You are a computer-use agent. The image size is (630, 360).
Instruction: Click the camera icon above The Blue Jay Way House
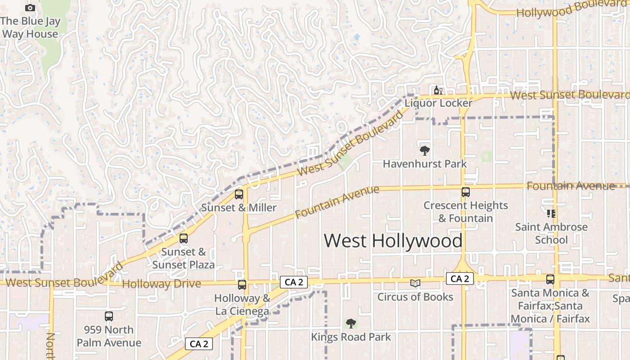(30, 8)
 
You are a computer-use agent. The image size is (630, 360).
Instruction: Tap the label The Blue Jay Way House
(30, 27)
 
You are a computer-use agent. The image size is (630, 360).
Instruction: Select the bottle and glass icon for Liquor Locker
(438, 90)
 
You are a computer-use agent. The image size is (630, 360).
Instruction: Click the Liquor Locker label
(438, 103)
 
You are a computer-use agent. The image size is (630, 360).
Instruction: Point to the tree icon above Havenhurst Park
(424, 151)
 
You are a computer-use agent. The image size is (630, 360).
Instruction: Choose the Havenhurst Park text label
(425, 164)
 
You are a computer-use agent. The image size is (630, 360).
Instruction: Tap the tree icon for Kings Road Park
(351, 323)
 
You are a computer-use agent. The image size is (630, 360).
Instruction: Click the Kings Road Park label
(351, 337)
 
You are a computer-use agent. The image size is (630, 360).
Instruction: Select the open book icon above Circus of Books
(415, 283)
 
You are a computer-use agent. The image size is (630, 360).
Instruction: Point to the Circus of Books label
(415, 297)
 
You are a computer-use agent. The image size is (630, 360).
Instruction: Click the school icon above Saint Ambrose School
(551, 214)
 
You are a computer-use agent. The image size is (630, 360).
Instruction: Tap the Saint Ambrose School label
(551, 233)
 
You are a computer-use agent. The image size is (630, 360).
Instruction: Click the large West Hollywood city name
(393, 241)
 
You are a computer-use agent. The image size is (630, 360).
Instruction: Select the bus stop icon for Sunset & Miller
(238, 194)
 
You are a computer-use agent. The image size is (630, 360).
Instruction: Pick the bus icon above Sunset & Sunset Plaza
(183, 238)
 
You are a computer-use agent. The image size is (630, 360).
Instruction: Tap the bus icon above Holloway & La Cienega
(242, 284)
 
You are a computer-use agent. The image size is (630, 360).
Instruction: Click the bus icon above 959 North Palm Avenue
(108, 316)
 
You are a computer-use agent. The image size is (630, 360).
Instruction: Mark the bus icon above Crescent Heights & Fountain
(465, 192)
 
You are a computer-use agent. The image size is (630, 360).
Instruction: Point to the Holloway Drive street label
(161, 284)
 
